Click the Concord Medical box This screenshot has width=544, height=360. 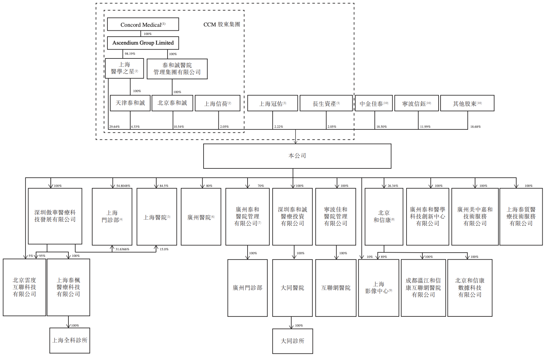143,24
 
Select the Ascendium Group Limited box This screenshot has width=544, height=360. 143,43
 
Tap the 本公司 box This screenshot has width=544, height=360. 297,156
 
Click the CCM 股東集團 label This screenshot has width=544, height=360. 221,24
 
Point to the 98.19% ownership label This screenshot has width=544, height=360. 130,54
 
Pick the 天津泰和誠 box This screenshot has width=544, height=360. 130,103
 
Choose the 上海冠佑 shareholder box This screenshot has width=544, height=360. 272,103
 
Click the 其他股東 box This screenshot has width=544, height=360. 467,103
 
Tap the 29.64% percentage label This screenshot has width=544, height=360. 114,127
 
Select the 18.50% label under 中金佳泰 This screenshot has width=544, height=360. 381,127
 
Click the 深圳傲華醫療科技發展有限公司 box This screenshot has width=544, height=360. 55,216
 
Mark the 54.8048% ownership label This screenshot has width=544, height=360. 123,186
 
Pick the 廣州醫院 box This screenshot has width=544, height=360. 201,217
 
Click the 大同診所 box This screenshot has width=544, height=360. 292,341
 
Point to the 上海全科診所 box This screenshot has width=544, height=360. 70,340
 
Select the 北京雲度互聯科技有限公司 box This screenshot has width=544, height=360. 24,287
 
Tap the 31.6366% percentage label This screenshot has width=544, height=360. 122,249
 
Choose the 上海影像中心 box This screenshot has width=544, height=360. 378,288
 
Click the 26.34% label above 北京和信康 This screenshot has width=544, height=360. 393,186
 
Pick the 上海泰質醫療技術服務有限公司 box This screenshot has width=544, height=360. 521,216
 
